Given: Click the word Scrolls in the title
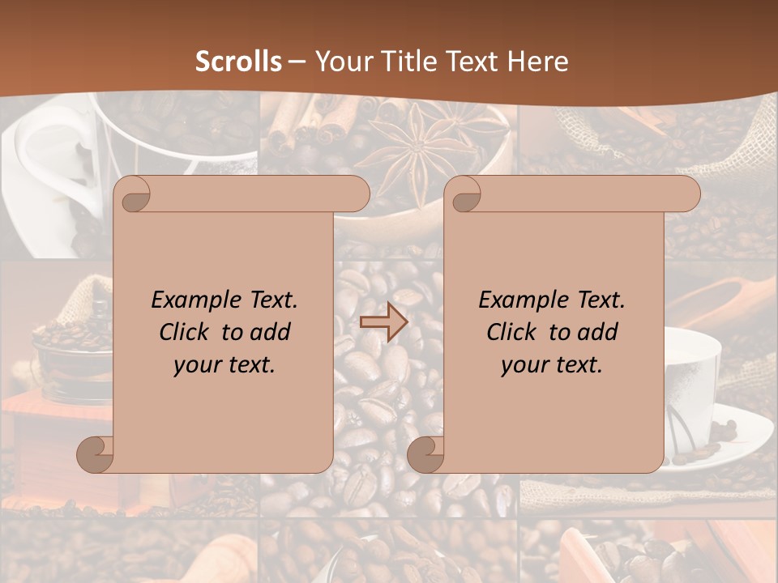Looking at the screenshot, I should (x=238, y=62).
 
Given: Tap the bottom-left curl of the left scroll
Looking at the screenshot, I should (x=96, y=454).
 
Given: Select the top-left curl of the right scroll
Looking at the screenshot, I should (x=465, y=195).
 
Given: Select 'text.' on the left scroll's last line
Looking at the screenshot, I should (x=252, y=365).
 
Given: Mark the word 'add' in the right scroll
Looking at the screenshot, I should (x=600, y=332).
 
